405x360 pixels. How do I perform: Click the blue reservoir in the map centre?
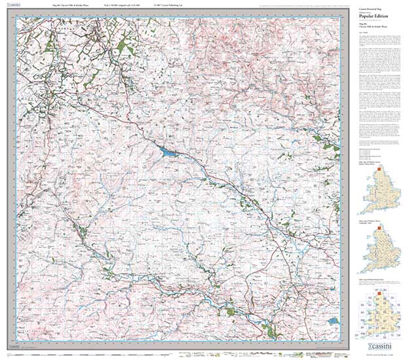(168, 153)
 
